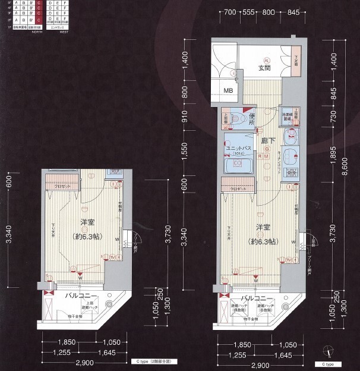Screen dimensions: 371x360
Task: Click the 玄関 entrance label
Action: (x=264, y=69)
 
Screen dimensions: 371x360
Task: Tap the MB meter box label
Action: (x=228, y=91)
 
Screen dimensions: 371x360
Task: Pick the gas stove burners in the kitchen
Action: (x=290, y=173)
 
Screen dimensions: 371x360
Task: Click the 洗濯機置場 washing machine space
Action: (x=288, y=115)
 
